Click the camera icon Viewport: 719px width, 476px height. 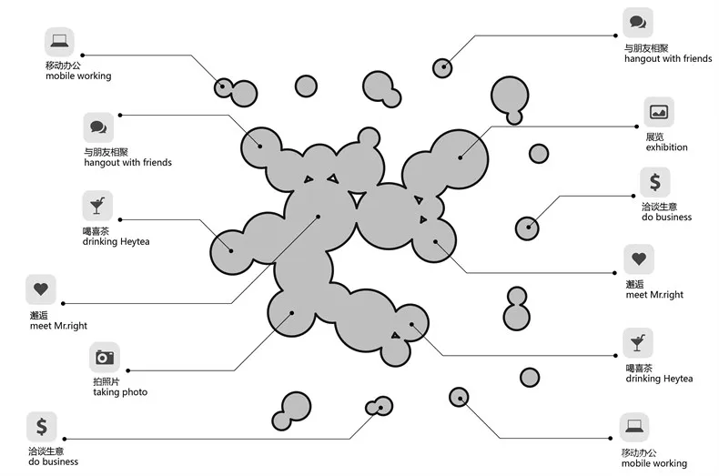click(105, 357)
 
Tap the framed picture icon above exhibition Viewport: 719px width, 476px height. click(658, 112)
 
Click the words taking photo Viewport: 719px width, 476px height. click(119, 392)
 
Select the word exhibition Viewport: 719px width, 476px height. click(666, 147)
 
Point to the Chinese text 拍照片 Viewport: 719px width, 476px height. click(106, 381)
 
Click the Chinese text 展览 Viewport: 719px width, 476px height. click(654, 137)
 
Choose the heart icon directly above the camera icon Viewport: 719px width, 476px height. click(40, 289)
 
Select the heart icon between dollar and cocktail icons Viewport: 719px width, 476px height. click(638, 259)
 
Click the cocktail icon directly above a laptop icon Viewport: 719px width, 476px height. click(638, 342)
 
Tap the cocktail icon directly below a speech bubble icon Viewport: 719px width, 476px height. click(96, 204)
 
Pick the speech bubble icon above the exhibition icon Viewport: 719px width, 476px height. click(637, 22)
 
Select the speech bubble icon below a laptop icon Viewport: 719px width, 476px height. click(97, 127)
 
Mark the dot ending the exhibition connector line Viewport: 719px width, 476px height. click(461, 157)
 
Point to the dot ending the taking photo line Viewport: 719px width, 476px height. click(292, 312)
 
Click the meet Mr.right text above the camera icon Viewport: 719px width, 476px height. click(60, 326)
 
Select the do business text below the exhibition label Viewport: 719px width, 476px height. click(666, 218)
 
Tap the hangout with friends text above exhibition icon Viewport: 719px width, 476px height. click(667, 59)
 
